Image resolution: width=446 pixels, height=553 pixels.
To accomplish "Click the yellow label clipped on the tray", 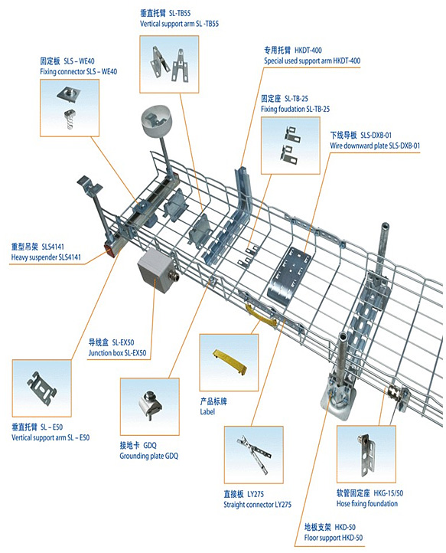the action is tap(262, 315).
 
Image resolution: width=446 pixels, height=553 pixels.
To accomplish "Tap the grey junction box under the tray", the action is tap(156, 270).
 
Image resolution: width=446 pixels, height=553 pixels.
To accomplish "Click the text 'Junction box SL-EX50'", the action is tap(117, 353).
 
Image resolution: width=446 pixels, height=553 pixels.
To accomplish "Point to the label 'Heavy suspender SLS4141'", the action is tap(46, 257).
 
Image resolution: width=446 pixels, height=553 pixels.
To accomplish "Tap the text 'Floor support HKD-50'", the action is tap(334, 538).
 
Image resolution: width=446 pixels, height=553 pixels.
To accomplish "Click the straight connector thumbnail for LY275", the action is tap(254, 454).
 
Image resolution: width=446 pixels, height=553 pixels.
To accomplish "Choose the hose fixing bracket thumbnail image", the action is tap(366, 454).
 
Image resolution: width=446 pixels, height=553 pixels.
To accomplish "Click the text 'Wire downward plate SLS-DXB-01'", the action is tap(375, 146).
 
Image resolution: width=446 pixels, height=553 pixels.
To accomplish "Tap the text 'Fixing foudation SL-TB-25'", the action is tap(295, 110).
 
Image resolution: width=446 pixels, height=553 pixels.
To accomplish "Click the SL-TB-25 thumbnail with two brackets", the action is tap(290, 146).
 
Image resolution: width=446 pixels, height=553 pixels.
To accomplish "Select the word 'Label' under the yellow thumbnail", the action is tap(207, 411).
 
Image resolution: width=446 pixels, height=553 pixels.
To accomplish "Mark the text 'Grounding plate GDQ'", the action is tap(148, 456).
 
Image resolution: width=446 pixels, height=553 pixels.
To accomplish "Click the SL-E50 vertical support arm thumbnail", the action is tap(41, 388).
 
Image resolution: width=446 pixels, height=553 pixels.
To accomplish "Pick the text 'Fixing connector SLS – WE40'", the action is tap(78, 71).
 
